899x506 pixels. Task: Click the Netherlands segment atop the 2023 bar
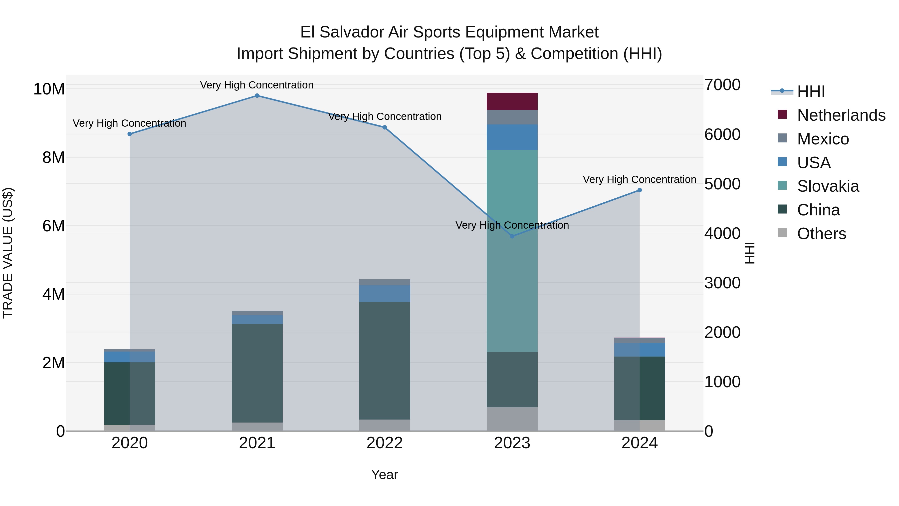(x=512, y=101)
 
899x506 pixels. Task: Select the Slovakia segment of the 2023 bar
(x=512, y=250)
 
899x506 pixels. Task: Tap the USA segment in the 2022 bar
(x=385, y=293)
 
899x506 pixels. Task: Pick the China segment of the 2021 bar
(x=257, y=373)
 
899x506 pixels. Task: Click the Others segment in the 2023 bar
(x=512, y=419)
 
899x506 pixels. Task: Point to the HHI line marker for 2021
(x=257, y=96)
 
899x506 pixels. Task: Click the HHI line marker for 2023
(x=512, y=236)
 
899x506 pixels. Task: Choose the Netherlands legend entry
(x=841, y=115)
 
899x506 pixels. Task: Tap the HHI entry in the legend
(x=811, y=91)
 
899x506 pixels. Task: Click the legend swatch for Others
(x=782, y=233)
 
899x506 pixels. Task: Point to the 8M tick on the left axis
(x=53, y=157)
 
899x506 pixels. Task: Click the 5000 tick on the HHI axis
(x=722, y=184)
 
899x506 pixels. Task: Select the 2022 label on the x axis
(x=385, y=443)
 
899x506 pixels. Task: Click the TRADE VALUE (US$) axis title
(x=8, y=253)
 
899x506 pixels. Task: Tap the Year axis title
(x=384, y=475)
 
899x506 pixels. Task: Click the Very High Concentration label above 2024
(x=639, y=179)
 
